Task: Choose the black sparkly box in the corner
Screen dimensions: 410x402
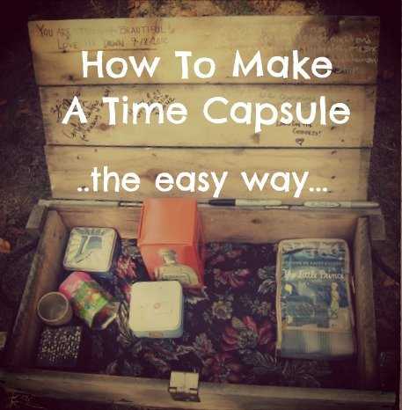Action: (x=59, y=346)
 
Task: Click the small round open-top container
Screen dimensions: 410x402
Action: (x=55, y=308)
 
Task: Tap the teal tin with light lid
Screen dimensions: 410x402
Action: (x=91, y=251)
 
